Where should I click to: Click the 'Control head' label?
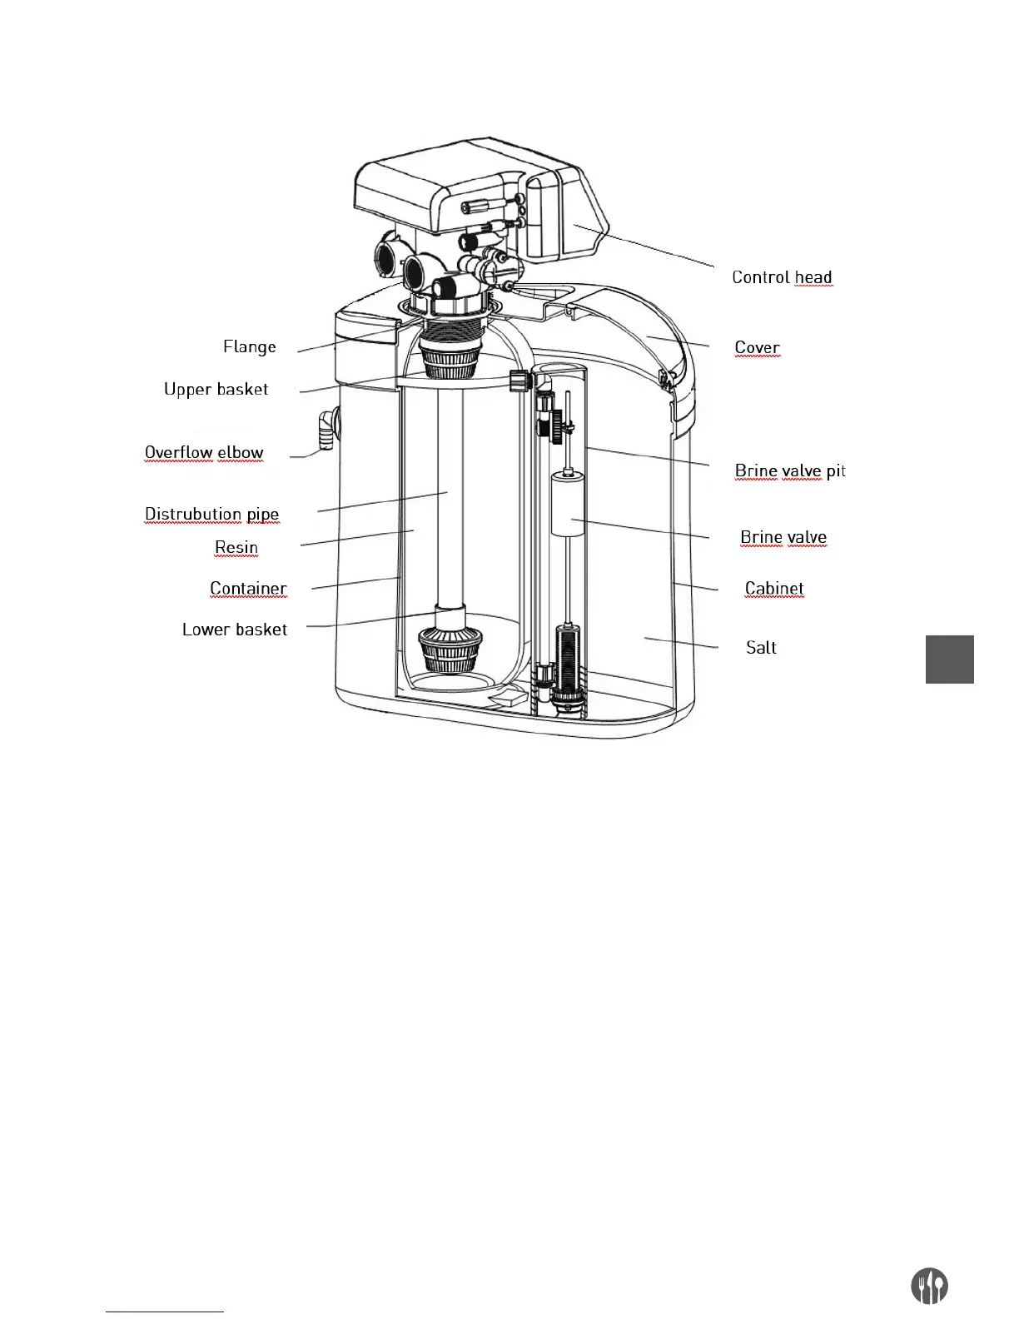(x=782, y=277)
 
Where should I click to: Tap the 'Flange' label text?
(x=249, y=346)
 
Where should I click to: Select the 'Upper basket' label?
(x=216, y=389)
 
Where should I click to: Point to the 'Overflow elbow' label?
(x=204, y=453)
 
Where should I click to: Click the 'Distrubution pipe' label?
(x=211, y=514)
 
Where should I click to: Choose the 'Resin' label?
(x=236, y=547)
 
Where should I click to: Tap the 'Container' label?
(x=248, y=588)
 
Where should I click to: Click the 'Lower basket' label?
(x=234, y=630)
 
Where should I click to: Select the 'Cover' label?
(x=757, y=347)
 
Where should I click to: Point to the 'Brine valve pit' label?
(x=789, y=470)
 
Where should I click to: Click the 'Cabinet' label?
(x=774, y=588)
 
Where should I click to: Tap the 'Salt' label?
(x=761, y=647)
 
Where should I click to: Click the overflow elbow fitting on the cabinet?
(x=326, y=428)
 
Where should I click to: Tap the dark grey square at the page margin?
(x=949, y=659)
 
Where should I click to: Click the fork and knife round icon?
(x=929, y=1287)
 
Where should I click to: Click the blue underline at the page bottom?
(x=165, y=1312)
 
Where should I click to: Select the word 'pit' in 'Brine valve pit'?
(x=836, y=470)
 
